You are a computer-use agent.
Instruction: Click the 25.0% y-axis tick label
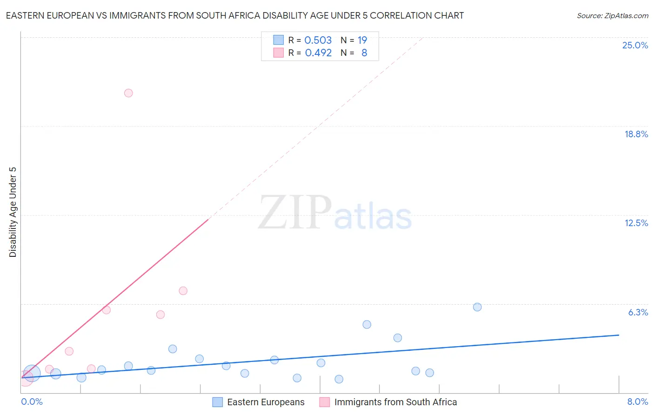click(x=635, y=45)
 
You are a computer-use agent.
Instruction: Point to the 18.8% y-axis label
click(x=636, y=134)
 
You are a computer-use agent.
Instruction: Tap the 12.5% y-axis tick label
click(x=636, y=223)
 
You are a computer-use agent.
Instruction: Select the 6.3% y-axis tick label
click(x=638, y=312)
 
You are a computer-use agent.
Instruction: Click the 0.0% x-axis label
click(x=32, y=402)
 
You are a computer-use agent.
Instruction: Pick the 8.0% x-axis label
click(x=637, y=402)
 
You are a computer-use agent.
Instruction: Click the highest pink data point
click(x=128, y=93)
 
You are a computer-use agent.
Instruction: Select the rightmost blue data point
click(x=477, y=307)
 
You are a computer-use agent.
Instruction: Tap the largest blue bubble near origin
click(x=32, y=373)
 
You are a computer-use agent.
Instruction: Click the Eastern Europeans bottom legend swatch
click(x=217, y=402)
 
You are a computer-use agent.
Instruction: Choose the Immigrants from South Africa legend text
click(x=395, y=402)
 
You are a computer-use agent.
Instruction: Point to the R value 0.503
click(x=318, y=40)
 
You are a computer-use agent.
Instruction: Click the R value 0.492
click(x=318, y=53)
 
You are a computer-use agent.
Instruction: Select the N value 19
click(x=362, y=40)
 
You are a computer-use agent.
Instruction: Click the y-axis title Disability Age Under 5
click(x=13, y=212)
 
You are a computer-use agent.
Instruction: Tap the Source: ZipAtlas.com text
click(x=612, y=16)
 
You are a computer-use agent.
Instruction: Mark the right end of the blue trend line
click(x=619, y=335)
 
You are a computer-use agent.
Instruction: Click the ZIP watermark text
click(x=295, y=213)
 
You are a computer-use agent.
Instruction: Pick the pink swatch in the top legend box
click(x=278, y=53)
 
